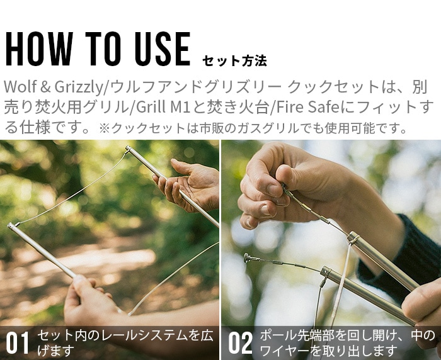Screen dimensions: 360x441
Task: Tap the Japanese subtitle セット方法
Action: [x=234, y=61]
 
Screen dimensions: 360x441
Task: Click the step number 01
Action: [x=18, y=343]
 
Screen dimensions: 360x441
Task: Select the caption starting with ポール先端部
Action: [x=346, y=343]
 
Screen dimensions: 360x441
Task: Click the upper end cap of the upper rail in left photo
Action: [x=128, y=150]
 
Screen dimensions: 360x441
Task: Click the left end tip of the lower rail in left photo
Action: [x=11, y=225]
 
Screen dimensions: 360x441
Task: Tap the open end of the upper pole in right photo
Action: [x=352, y=237]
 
